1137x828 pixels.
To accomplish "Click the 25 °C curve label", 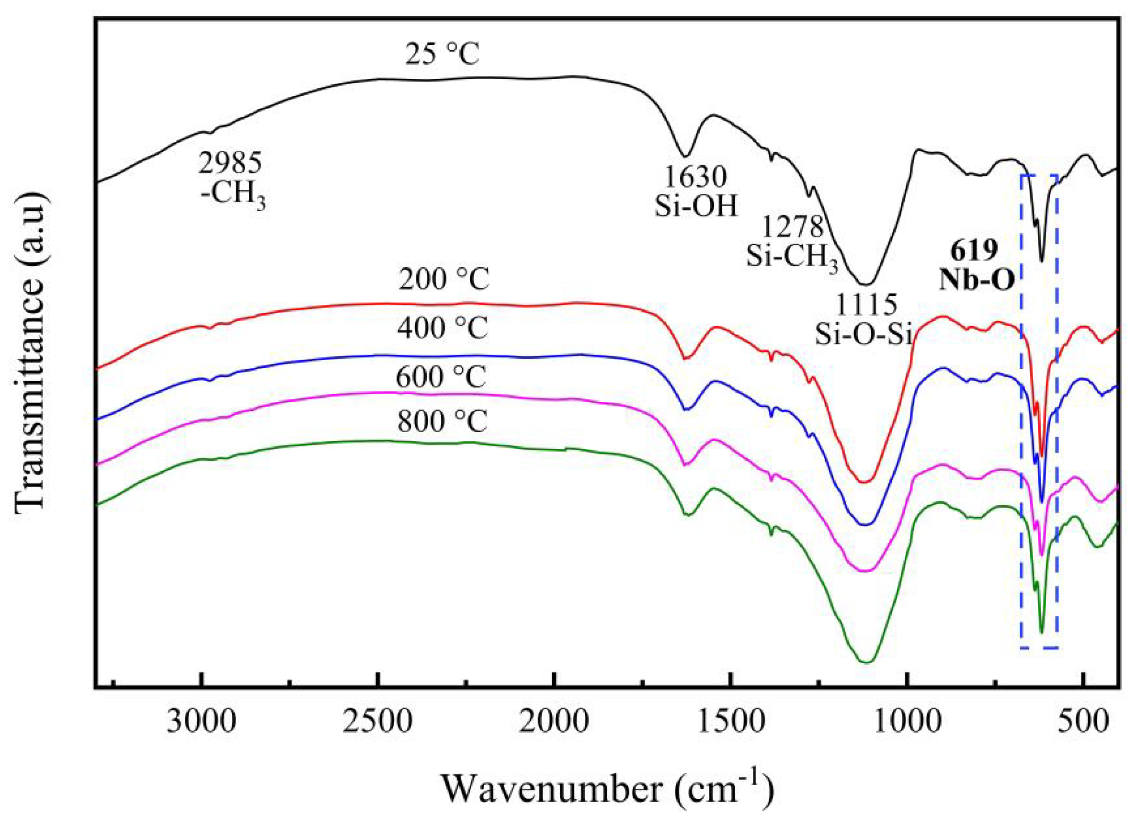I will click(x=442, y=56).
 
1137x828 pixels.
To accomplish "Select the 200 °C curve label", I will click(x=443, y=281).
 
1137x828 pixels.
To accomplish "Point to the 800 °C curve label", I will click(x=442, y=422).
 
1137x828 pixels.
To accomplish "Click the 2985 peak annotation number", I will click(x=230, y=163).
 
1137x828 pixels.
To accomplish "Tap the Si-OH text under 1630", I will click(x=696, y=206).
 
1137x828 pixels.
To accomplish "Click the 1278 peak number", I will click(x=793, y=227).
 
